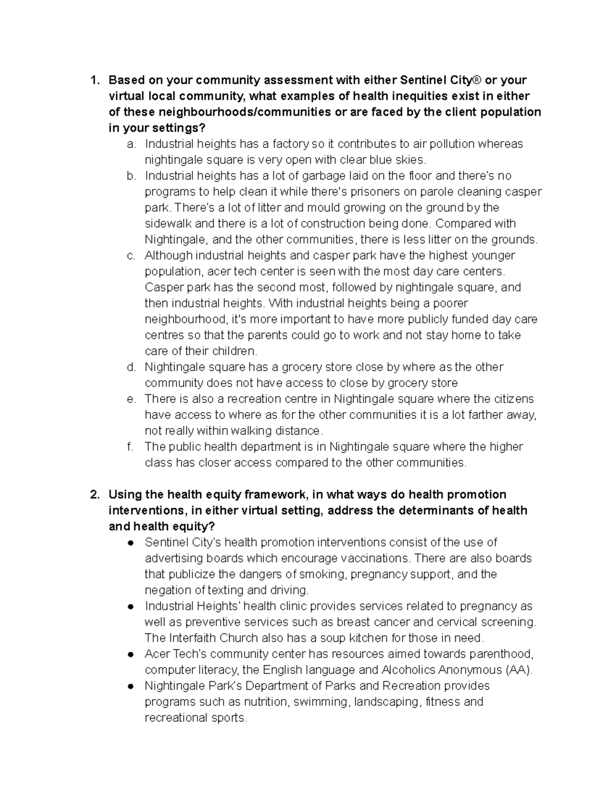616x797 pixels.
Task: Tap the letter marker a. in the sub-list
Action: (x=131, y=144)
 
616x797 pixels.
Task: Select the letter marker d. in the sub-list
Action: (x=131, y=367)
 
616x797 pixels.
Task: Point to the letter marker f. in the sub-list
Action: (x=130, y=447)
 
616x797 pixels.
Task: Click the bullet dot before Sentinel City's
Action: (x=131, y=543)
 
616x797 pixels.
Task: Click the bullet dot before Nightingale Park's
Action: (x=131, y=686)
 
